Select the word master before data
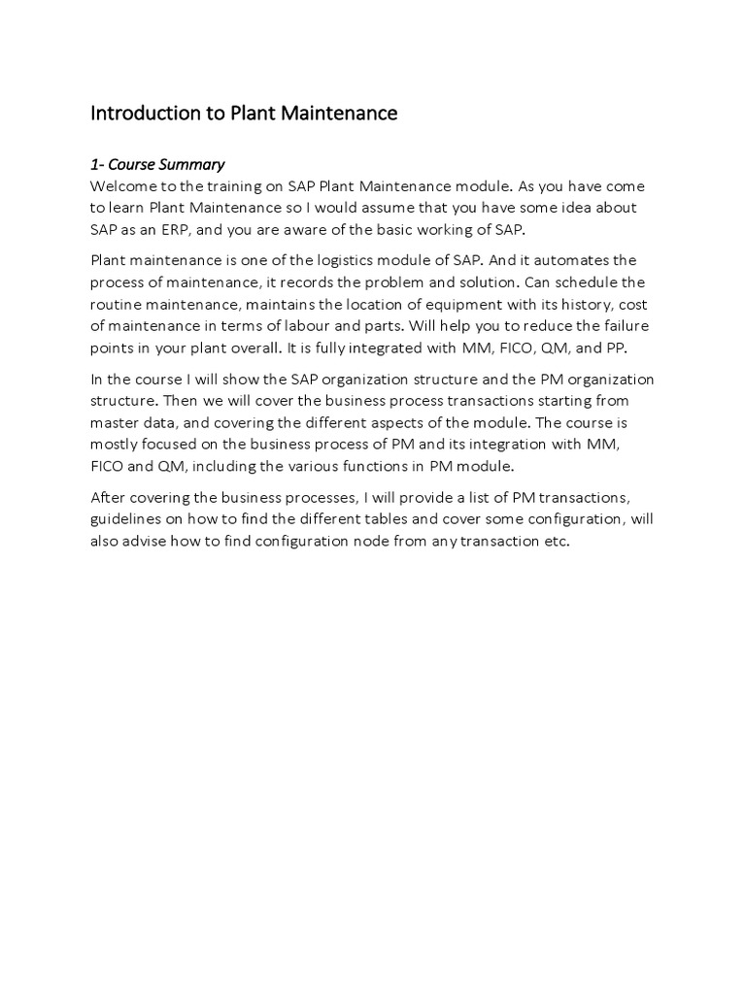[x=116, y=423]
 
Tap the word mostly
[x=115, y=445]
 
